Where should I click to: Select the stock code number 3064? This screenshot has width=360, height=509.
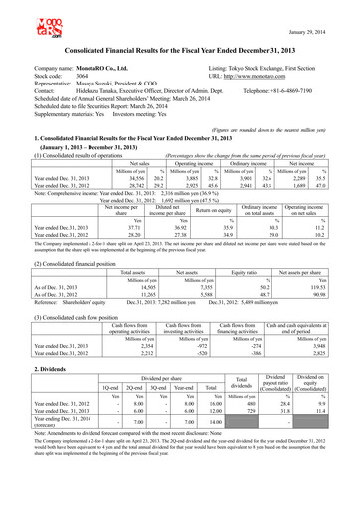97,75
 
